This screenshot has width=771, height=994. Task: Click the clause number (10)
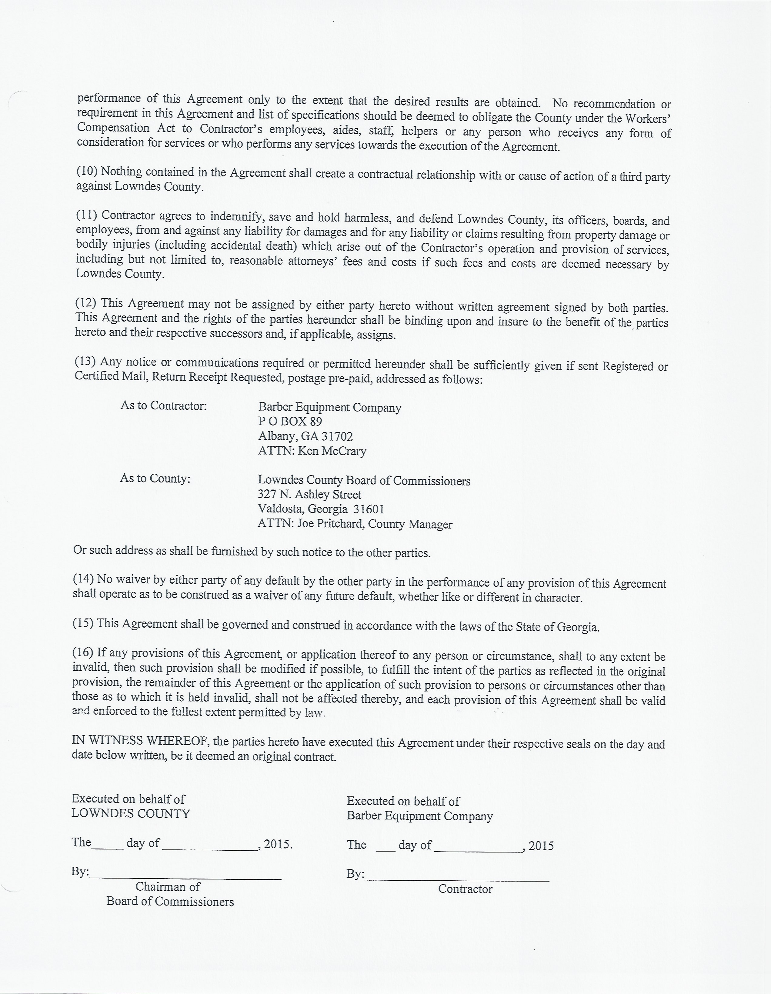[86, 171]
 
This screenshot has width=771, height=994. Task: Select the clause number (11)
[86, 215]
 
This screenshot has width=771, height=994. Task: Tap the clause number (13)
[85, 361]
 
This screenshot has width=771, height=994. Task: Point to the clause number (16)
[83, 652]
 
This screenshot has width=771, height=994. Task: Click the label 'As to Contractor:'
[163, 405]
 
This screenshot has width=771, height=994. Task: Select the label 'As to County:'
[155, 478]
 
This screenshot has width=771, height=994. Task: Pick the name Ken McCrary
[332, 451]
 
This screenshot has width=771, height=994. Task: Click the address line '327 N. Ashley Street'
[309, 494]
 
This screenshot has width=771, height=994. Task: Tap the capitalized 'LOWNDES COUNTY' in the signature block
[131, 814]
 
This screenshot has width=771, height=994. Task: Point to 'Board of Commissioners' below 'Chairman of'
[170, 902]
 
